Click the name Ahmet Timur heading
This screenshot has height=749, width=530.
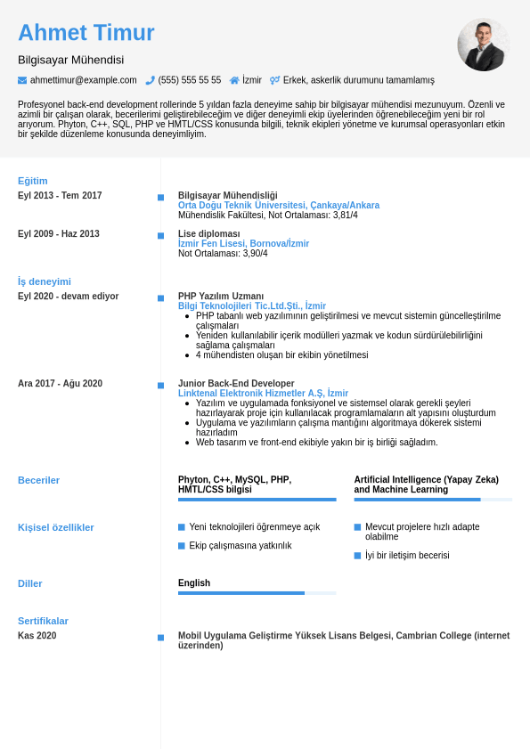[x=86, y=33]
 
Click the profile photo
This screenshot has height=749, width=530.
[x=483, y=45]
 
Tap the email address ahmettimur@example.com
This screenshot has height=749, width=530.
[x=84, y=80]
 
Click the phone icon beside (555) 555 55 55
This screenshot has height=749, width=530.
[x=150, y=80]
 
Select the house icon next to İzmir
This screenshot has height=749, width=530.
[x=234, y=80]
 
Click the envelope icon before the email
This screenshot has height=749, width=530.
[x=22, y=80]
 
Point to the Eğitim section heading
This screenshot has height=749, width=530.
[x=33, y=181]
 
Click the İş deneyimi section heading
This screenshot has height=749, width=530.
[x=45, y=281]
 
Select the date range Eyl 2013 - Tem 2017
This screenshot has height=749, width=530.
[x=60, y=196]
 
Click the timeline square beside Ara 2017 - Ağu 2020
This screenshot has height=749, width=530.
[x=161, y=386]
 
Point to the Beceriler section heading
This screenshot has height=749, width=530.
[x=39, y=480]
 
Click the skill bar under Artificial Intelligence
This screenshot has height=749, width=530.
[x=433, y=500]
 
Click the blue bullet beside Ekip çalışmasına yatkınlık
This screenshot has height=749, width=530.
[x=182, y=546]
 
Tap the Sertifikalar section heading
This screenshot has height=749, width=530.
[x=43, y=621]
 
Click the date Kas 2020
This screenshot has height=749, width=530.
[x=37, y=636]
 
